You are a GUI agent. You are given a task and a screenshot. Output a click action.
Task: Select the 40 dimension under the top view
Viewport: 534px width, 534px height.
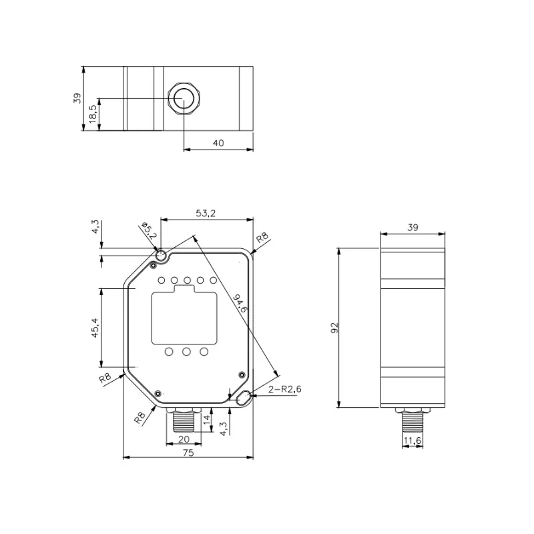point(218,143)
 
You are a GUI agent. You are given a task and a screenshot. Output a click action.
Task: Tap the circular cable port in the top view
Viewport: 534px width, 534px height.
point(181,99)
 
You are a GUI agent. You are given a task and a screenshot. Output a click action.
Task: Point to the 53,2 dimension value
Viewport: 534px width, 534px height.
point(206,214)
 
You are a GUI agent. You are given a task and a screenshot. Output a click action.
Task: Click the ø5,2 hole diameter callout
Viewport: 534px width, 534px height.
point(148,232)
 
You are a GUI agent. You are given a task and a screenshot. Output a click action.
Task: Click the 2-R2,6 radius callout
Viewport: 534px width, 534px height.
point(283,389)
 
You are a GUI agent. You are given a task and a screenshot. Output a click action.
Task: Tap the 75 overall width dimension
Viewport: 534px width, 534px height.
point(188,453)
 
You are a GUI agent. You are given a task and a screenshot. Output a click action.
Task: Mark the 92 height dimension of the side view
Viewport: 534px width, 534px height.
point(335,327)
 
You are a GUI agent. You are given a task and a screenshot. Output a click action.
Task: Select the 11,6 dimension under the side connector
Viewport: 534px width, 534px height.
point(413,440)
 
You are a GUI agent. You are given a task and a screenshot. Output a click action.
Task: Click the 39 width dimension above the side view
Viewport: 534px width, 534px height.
point(413,228)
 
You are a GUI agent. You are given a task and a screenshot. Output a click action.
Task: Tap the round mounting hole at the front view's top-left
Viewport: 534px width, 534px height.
point(161,256)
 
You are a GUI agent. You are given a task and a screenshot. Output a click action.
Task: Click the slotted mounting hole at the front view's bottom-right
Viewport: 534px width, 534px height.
point(243,398)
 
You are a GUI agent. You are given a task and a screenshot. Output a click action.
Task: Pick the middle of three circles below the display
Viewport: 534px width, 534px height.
point(186,352)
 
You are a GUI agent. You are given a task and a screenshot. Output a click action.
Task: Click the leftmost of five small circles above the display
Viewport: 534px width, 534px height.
point(162,280)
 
